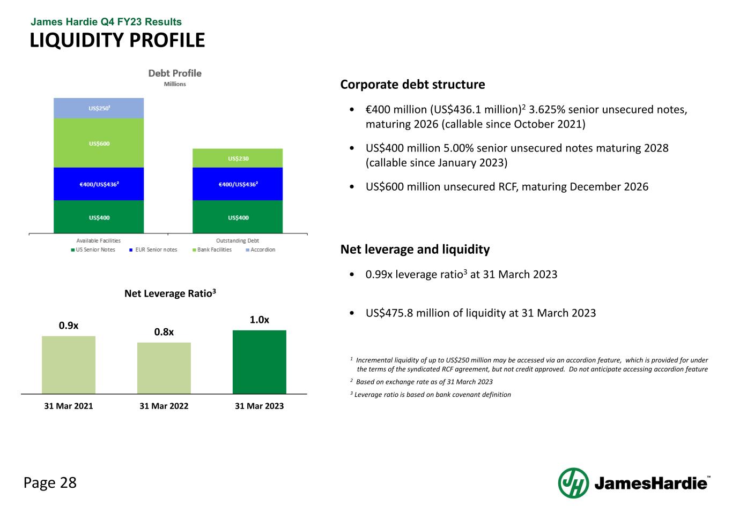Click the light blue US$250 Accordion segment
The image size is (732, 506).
coord(99,108)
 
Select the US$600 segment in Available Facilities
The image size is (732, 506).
coord(99,143)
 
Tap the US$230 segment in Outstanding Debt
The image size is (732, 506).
coord(238,158)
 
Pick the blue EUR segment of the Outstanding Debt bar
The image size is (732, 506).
coord(238,184)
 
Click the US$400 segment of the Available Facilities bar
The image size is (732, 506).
coord(99,217)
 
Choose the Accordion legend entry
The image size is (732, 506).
coord(261,250)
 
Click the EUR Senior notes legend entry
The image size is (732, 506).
coord(153,250)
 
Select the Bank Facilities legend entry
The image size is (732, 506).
coord(212,250)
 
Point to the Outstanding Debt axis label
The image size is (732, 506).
coord(238,240)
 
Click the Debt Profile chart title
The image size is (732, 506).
coord(175,73)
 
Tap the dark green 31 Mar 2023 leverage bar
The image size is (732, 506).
coord(260,362)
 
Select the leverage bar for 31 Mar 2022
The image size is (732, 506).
coord(164,368)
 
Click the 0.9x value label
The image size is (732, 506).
coord(69,325)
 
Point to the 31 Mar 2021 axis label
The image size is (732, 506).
coord(69,406)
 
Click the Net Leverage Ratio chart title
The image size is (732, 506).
coord(170,293)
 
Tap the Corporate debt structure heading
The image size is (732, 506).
coord(412,85)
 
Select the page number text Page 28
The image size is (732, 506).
coord(50,482)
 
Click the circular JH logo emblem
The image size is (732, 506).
coord(573,483)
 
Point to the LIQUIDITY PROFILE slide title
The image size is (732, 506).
coord(117,40)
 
